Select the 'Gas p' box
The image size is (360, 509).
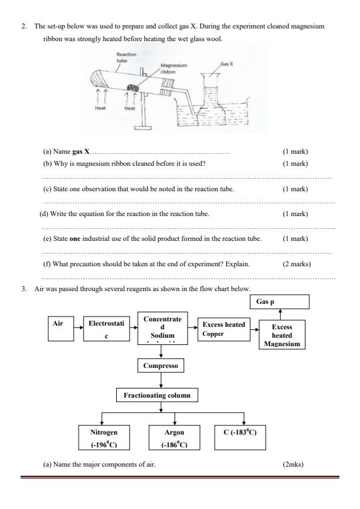click(280, 301)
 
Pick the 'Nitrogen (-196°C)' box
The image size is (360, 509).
click(103, 438)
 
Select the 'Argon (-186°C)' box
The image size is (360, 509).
click(174, 438)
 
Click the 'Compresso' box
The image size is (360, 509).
click(160, 366)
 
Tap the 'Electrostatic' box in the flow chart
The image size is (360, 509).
click(106, 329)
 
